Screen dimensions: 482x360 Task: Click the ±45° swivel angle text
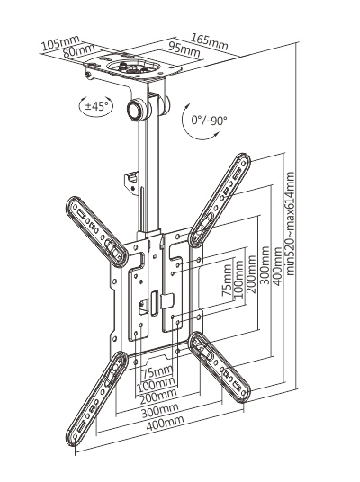97,105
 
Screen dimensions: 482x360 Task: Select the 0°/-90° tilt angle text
210,119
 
